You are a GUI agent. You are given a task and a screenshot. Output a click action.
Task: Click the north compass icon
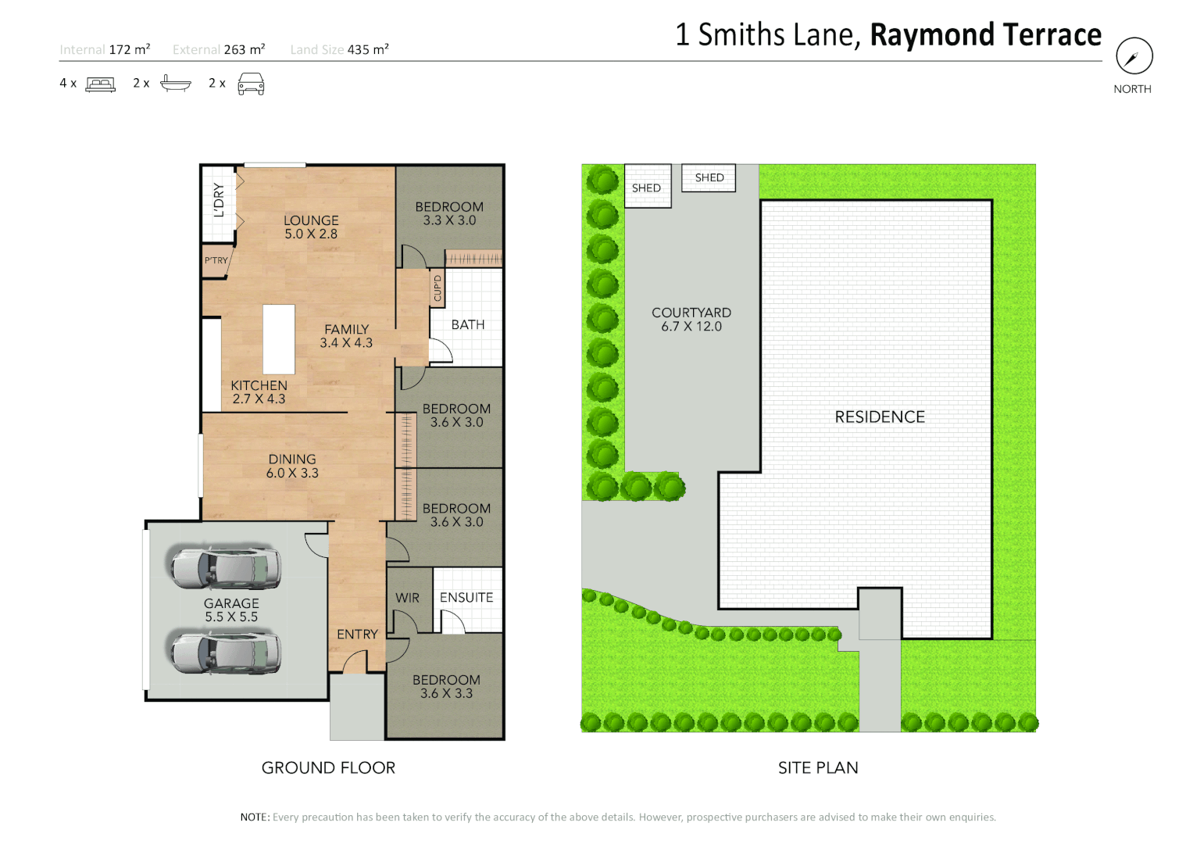click(1134, 56)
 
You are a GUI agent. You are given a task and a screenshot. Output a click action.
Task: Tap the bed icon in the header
click(100, 84)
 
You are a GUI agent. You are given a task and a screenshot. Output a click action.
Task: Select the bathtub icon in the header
click(175, 83)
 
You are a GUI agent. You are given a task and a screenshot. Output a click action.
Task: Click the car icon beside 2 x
click(251, 84)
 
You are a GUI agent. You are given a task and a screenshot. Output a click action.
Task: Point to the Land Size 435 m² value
click(368, 49)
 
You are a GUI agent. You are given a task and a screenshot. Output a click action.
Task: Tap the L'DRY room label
click(219, 200)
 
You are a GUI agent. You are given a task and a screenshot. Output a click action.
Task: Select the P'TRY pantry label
click(216, 261)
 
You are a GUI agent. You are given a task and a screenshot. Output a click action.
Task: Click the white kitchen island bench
click(279, 339)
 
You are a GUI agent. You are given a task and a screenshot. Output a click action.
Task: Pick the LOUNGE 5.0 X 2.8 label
click(311, 227)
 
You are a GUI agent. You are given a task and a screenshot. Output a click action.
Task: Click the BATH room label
click(468, 324)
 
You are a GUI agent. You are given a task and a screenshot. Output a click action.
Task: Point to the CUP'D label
click(438, 288)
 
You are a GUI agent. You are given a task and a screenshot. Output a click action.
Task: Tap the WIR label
click(407, 598)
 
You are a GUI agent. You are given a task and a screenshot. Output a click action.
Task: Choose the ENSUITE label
click(466, 598)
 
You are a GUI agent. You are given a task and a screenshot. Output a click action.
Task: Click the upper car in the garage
click(225, 568)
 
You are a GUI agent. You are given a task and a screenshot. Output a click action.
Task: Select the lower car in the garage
click(225, 653)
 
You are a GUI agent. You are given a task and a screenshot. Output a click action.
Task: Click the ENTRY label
click(357, 635)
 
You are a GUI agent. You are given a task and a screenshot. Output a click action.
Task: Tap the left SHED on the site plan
click(648, 187)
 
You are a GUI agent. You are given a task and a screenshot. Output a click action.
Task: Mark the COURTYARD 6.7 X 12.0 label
click(691, 320)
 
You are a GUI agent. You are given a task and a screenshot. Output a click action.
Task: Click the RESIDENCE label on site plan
click(880, 417)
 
